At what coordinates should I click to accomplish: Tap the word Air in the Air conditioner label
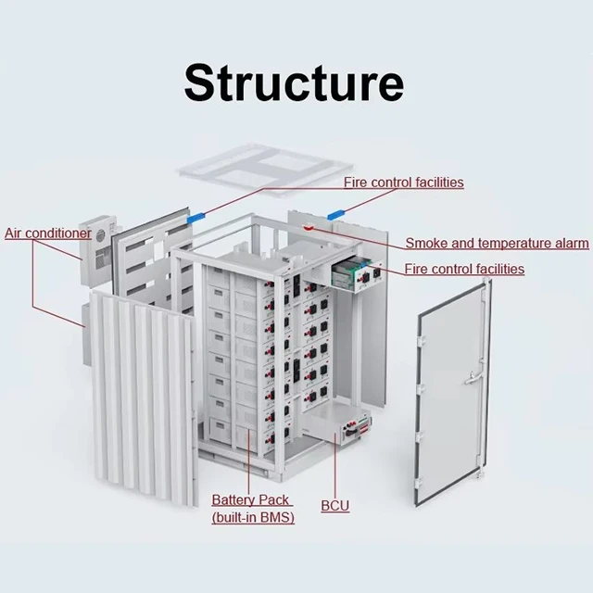point(15,233)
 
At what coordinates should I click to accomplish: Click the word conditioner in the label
point(59,233)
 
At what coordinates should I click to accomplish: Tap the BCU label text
point(335,506)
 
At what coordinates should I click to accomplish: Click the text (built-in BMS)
point(253,517)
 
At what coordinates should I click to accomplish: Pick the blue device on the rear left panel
point(196,221)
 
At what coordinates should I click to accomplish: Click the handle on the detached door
point(473,377)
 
